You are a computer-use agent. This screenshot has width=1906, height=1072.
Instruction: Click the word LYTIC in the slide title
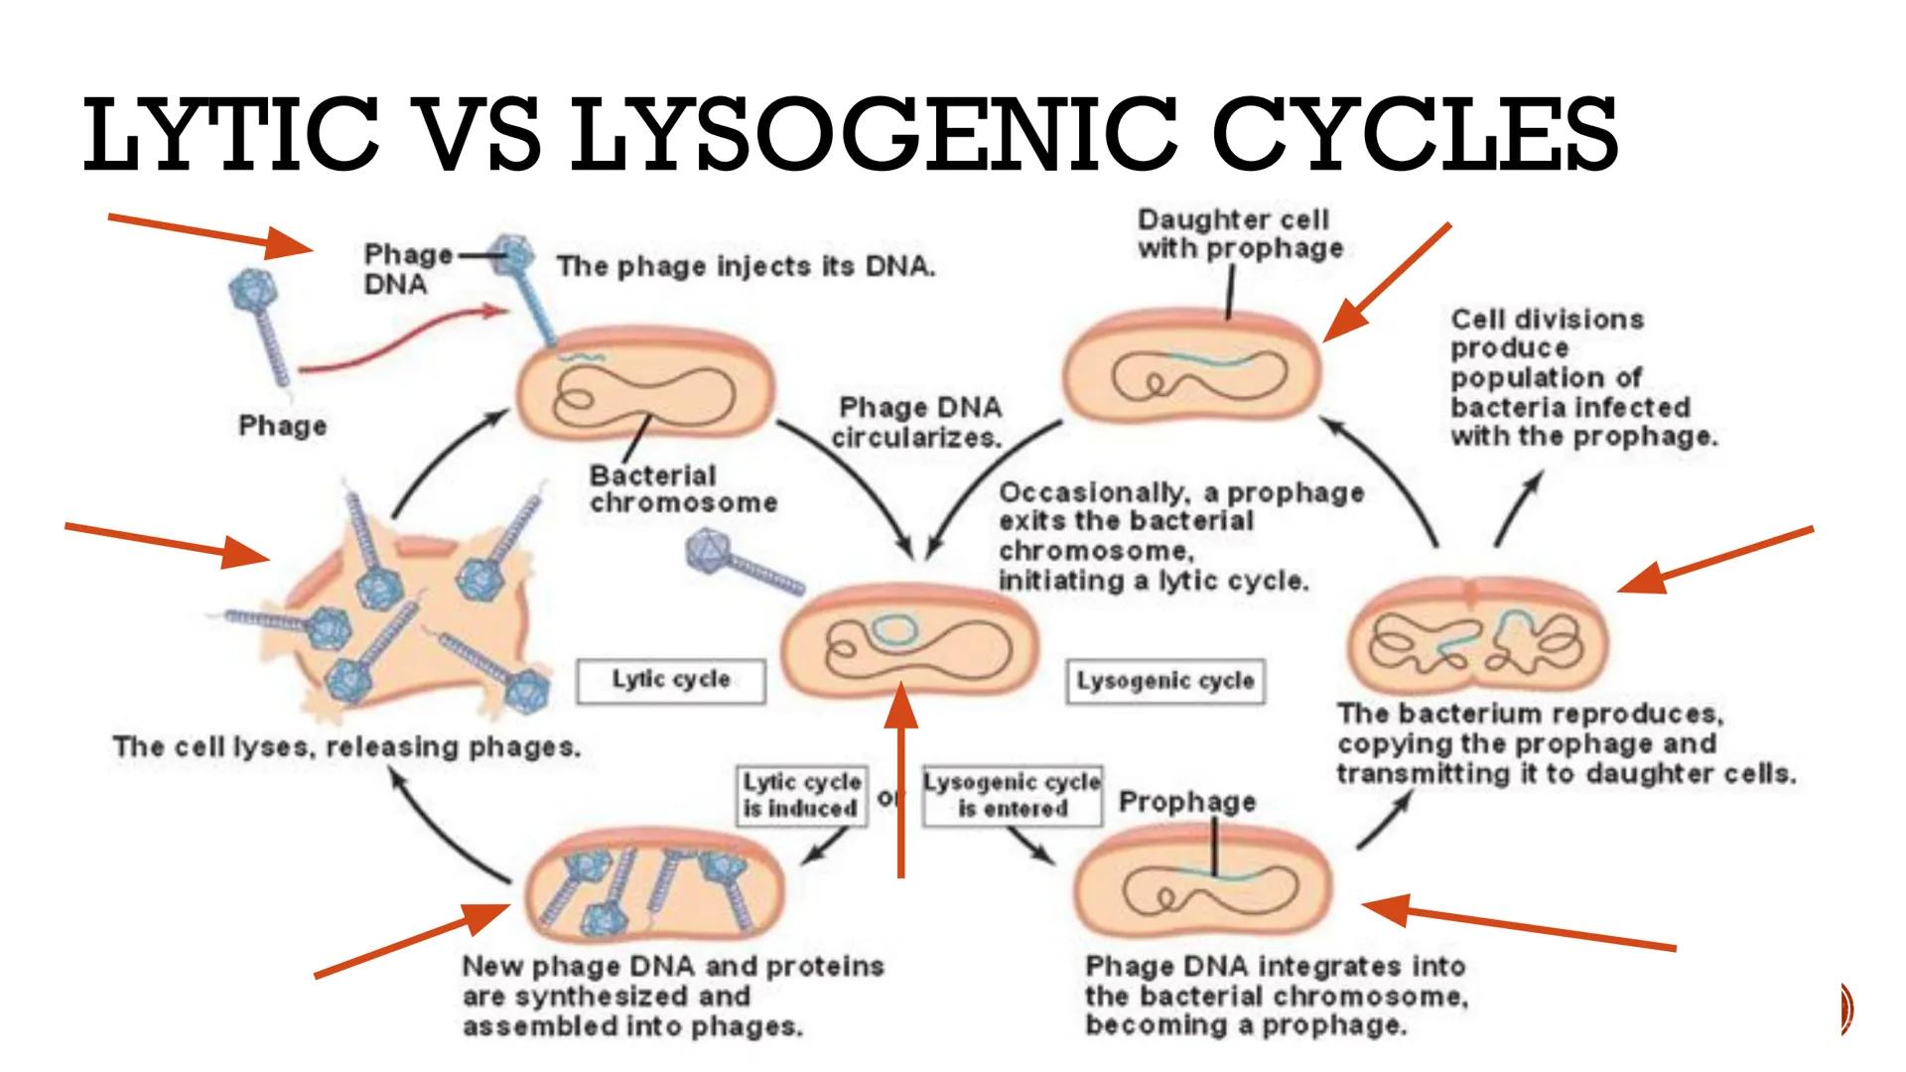click(230, 134)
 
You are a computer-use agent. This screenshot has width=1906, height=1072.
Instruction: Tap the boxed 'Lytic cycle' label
click(671, 681)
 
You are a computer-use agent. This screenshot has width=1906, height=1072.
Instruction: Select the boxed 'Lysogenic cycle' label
click(1165, 682)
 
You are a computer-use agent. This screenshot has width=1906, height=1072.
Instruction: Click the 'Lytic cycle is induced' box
click(800, 795)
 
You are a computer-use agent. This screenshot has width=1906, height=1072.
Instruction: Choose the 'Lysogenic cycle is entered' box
click(1013, 795)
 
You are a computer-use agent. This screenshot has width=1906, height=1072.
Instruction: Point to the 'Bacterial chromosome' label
click(683, 488)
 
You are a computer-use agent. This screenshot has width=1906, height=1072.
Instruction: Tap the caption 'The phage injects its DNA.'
click(746, 266)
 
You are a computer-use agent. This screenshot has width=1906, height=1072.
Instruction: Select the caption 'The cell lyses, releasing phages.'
click(346, 747)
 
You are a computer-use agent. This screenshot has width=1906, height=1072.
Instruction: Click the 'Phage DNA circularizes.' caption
click(918, 422)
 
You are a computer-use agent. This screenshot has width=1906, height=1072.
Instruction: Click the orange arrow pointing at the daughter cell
click(1387, 283)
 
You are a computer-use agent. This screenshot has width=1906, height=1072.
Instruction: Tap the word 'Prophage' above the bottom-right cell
click(1187, 802)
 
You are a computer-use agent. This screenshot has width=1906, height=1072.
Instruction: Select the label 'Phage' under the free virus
click(283, 426)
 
